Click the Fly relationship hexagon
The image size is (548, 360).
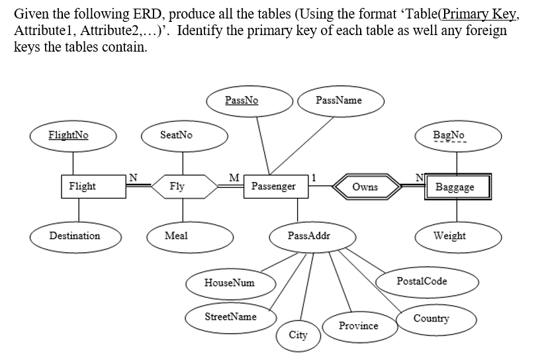click(177, 187)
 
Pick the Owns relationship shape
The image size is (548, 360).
click(365, 187)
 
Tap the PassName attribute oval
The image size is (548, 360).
click(340, 101)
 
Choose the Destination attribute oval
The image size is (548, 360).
click(75, 236)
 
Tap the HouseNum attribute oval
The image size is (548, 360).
click(230, 283)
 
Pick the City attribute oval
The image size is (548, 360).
click(298, 335)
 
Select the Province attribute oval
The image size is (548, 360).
click(358, 326)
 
